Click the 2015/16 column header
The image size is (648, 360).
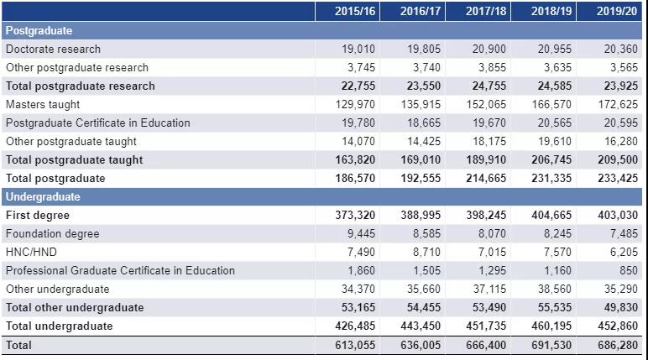pyautogui.click(x=355, y=11)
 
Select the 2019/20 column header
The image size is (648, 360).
pyautogui.click(x=617, y=11)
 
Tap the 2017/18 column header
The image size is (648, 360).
pyautogui.click(x=486, y=11)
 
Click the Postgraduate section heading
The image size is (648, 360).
pyautogui.click(x=39, y=31)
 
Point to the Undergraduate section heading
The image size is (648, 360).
pyautogui.click(x=43, y=197)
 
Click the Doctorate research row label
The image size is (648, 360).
pyautogui.click(x=53, y=50)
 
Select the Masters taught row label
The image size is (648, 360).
pyautogui.click(x=43, y=105)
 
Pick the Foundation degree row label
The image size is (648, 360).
pyautogui.click(x=52, y=234)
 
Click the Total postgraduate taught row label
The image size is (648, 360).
pyautogui.click(x=74, y=160)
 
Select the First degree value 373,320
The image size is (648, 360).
pyautogui.click(x=356, y=216)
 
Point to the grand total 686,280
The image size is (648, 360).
pyautogui.click(x=618, y=345)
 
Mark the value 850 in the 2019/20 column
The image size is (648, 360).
pyautogui.click(x=628, y=271)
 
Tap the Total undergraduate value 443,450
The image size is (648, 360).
pyautogui.click(x=421, y=326)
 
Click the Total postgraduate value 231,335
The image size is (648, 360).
pyautogui.click(x=552, y=179)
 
